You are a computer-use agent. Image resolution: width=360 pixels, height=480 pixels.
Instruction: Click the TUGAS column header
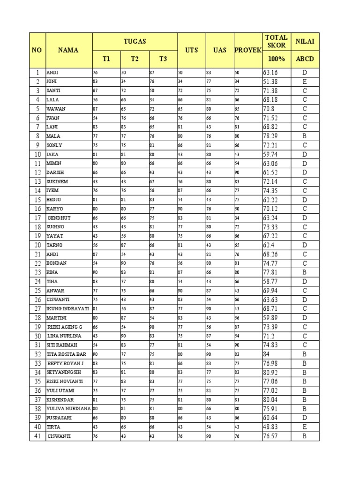tap(135, 41)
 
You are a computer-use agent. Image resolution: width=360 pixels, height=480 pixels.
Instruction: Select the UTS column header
tap(191, 50)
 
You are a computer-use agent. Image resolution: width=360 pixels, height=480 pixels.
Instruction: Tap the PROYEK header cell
tap(247, 50)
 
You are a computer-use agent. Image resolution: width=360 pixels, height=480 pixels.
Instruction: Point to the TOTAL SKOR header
tap(276, 41)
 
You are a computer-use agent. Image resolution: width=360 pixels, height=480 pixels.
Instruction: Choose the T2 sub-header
tap(135, 59)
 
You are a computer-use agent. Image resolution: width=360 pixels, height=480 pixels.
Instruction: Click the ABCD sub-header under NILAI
tap(305, 59)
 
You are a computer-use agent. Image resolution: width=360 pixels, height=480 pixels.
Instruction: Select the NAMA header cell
tap(68, 50)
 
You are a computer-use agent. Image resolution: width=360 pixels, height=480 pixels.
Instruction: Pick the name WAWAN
tap(55, 109)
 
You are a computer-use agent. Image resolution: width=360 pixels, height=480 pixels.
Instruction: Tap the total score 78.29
tap(271, 136)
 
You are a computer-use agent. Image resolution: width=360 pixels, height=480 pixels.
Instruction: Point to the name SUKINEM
tap(57, 181)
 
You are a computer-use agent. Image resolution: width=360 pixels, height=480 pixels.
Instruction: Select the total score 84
tap(266, 354)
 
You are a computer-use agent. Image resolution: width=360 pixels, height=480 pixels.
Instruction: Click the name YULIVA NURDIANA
tap(68, 408)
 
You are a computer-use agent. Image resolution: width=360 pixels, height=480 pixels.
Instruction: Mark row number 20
tap(37, 245)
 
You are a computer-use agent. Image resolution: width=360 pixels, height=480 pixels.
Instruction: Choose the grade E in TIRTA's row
tap(305, 427)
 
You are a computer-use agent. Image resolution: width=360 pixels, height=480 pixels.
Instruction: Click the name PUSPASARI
tap(58, 418)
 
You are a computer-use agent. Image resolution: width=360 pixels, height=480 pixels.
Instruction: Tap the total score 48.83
tap(271, 427)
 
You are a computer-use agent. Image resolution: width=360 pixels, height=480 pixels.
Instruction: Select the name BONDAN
tap(56, 263)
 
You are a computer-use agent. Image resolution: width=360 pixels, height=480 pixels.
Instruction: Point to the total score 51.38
tap(271, 82)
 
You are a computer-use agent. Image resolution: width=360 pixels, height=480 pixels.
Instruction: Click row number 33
tap(37, 363)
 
